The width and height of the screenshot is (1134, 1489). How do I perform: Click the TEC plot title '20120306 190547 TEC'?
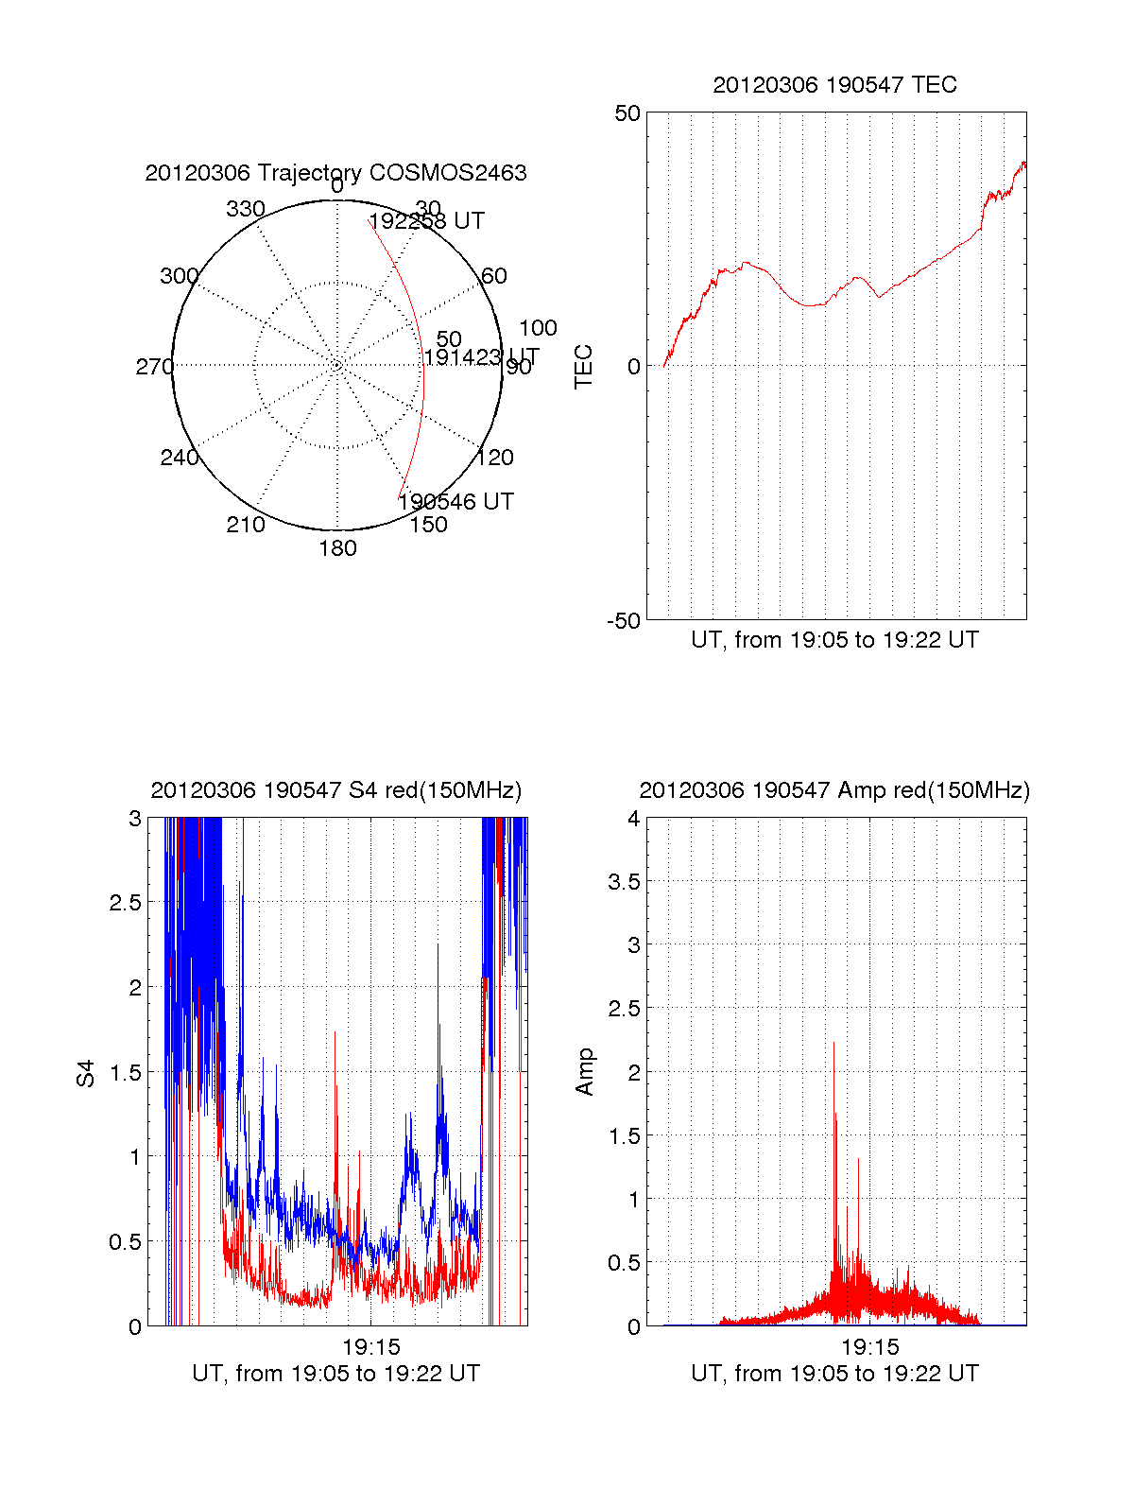coord(834,85)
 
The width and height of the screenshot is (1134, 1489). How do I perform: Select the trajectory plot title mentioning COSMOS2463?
coord(335,173)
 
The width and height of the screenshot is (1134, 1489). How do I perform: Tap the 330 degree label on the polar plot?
coord(245,209)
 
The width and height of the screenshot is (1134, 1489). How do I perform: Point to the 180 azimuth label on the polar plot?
coord(337,548)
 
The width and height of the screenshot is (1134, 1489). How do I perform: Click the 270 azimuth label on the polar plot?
coord(154,367)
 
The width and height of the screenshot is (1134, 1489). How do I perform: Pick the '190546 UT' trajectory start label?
coord(456,502)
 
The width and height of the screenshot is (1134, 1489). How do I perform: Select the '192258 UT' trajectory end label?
coord(427,221)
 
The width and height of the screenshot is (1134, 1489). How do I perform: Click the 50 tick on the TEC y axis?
coord(627,113)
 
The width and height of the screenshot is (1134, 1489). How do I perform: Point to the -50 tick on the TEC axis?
coord(624,621)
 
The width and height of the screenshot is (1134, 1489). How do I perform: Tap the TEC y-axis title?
coord(584,367)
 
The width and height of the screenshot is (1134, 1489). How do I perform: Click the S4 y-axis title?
coord(86,1073)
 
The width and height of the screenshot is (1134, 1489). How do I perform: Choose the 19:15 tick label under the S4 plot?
coord(371,1346)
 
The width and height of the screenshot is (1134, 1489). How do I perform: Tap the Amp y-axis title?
coord(585,1072)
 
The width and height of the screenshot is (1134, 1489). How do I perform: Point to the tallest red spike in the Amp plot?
coord(833,1044)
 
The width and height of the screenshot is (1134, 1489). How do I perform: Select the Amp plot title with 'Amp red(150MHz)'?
coord(834,790)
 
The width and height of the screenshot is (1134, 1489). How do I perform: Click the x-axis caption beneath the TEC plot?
coord(834,640)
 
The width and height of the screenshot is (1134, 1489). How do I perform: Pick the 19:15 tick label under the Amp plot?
coord(869,1346)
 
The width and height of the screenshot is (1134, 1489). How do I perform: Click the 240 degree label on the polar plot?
coord(180,458)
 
